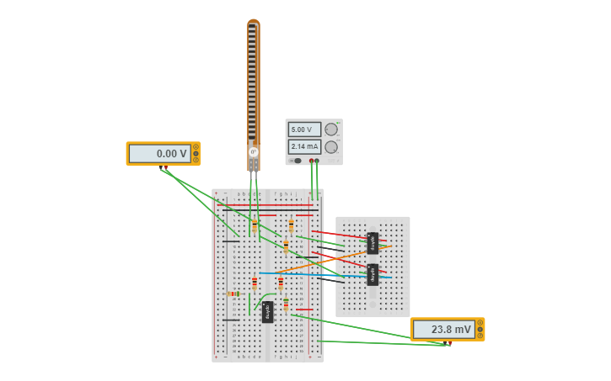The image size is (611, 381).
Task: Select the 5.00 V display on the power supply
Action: pyautogui.click(x=304, y=130)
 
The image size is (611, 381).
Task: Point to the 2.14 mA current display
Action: pyautogui.click(x=304, y=147)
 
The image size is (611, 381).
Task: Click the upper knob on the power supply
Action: pyautogui.click(x=331, y=130)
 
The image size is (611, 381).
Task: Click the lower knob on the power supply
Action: pyautogui.click(x=331, y=147)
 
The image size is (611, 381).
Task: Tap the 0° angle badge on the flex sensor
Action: pyautogui.click(x=253, y=152)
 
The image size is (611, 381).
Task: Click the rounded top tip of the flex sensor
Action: pyautogui.click(x=253, y=23)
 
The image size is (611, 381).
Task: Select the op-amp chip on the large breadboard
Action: pyautogui.click(x=267, y=311)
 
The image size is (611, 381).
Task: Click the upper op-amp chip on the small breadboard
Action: pyautogui.click(x=372, y=243)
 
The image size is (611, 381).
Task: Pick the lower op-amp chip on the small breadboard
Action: pyautogui.click(x=372, y=274)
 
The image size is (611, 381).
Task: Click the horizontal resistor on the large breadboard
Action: pyautogui.click(x=234, y=294)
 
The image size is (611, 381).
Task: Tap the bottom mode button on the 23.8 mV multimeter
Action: pyautogui.click(x=480, y=336)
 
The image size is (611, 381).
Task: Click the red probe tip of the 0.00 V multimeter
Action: pyautogui.click(x=166, y=169)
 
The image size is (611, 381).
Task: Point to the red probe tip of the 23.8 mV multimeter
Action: pyautogui.click(x=449, y=344)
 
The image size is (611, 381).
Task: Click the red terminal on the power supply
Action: pyautogui.click(x=311, y=161)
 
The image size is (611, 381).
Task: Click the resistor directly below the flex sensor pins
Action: pyautogui.click(x=255, y=225)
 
